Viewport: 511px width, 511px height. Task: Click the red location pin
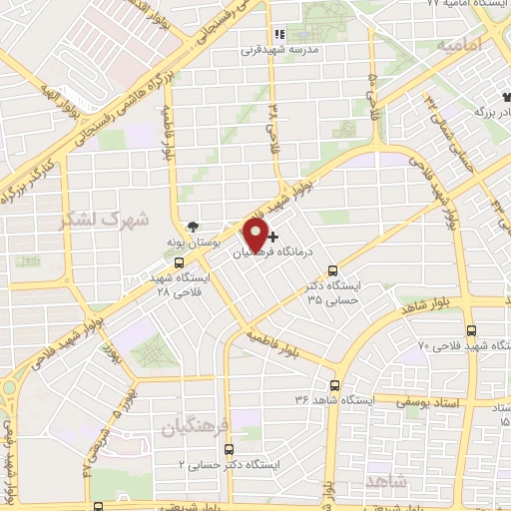pyautogui.click(x=255, y=236)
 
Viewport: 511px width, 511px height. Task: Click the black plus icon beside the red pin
pyautogui.click(x=273, y=237)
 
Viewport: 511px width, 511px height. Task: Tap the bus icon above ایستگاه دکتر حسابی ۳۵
pyautogui.click(x=333, y=268)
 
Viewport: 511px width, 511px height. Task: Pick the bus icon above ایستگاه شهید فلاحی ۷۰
pyautogui.click(x=470, y=328)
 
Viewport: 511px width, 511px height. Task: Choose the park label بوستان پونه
pyautogui.click(x=192, y=243)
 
